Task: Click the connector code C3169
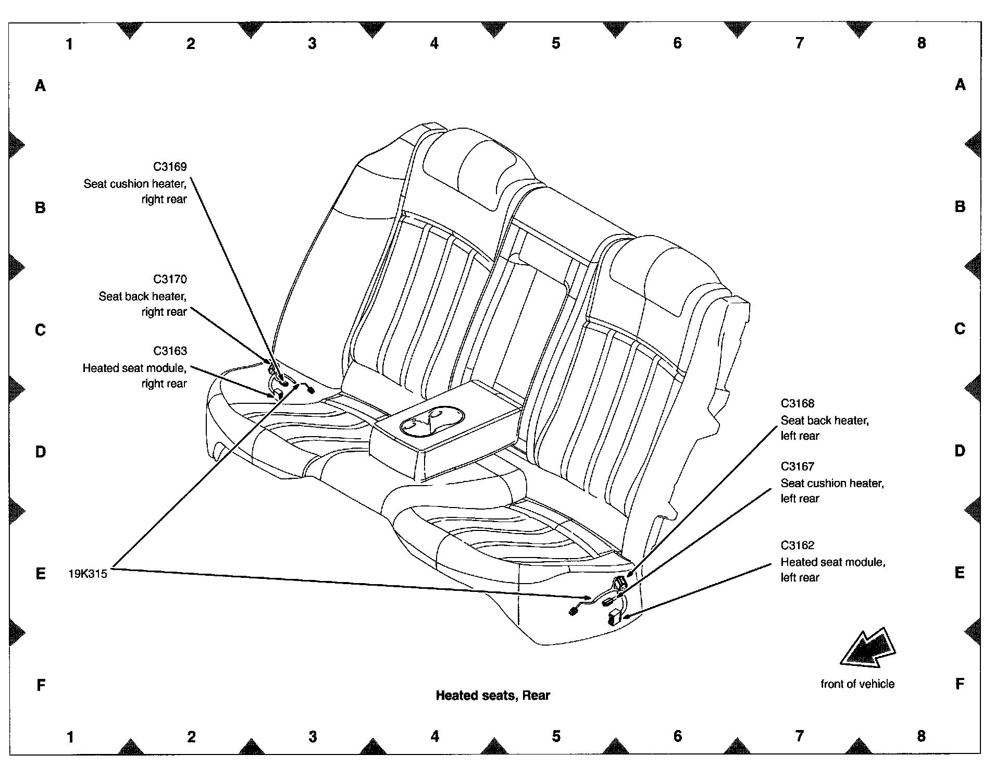pos(169,167)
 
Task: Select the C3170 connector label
pos(169,279)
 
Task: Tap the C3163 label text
pos(169,351)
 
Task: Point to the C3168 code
pos(797,403)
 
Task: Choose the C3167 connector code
pos(797,466)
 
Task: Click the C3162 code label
pos(797,546)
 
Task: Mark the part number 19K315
pos(88,574)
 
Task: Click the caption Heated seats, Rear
pos(493,696)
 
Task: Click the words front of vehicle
pos(857,684)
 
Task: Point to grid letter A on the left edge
pos(40,85)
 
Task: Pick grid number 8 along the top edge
pos(922,43)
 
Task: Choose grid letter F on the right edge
pos(960,684)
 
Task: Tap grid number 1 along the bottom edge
pos(70,737)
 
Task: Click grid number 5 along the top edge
pos(556,43)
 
